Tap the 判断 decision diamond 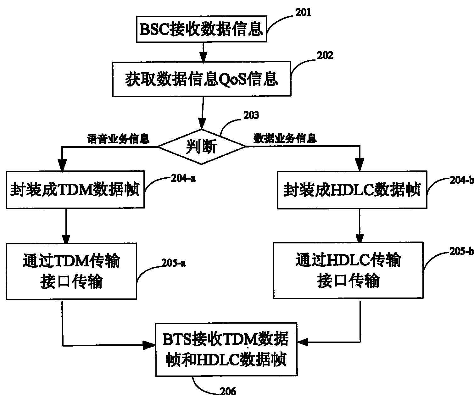coord(201,147)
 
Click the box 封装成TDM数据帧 coord(75,190)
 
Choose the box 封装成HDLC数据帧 coord(352,190)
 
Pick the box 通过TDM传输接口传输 coord(71,271)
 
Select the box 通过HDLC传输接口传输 coord(348,270)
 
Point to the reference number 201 coord(303,13)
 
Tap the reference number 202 coord(325,56)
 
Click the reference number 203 coord(251,115)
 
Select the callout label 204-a coord(183,178)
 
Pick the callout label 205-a coord(173,263)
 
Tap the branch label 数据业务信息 coord(285,138)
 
